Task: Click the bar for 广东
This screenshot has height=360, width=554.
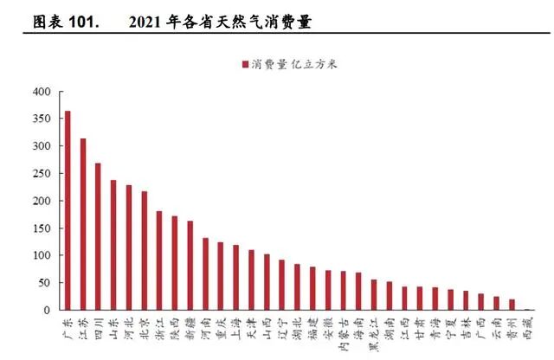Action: (68, 210)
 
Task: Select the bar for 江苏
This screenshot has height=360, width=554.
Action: (83, 224)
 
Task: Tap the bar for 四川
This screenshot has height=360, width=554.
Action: (98, 236)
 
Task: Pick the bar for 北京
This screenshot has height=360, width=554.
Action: (144, 250)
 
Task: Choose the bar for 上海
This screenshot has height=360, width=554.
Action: (235, 277)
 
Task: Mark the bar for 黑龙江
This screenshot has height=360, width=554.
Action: (373, 294)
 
